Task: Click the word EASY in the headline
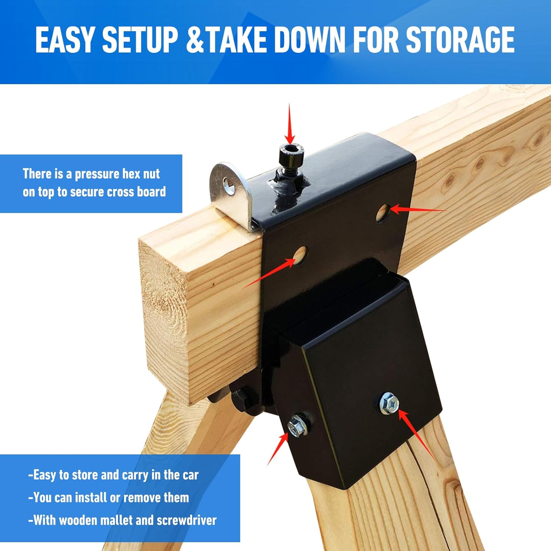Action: pos(65,40)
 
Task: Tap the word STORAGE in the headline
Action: pos(460,40)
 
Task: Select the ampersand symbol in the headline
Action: pos(195,40)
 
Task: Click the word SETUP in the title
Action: pos(140,40)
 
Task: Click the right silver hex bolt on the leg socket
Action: pos(389,403)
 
